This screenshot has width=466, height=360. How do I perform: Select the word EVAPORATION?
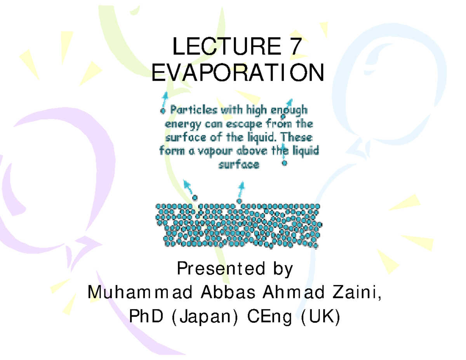tap(237, 73)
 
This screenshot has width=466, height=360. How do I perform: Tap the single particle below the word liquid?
tap(285, 163)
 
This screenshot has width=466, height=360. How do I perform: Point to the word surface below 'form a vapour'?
tap(239, 165)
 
